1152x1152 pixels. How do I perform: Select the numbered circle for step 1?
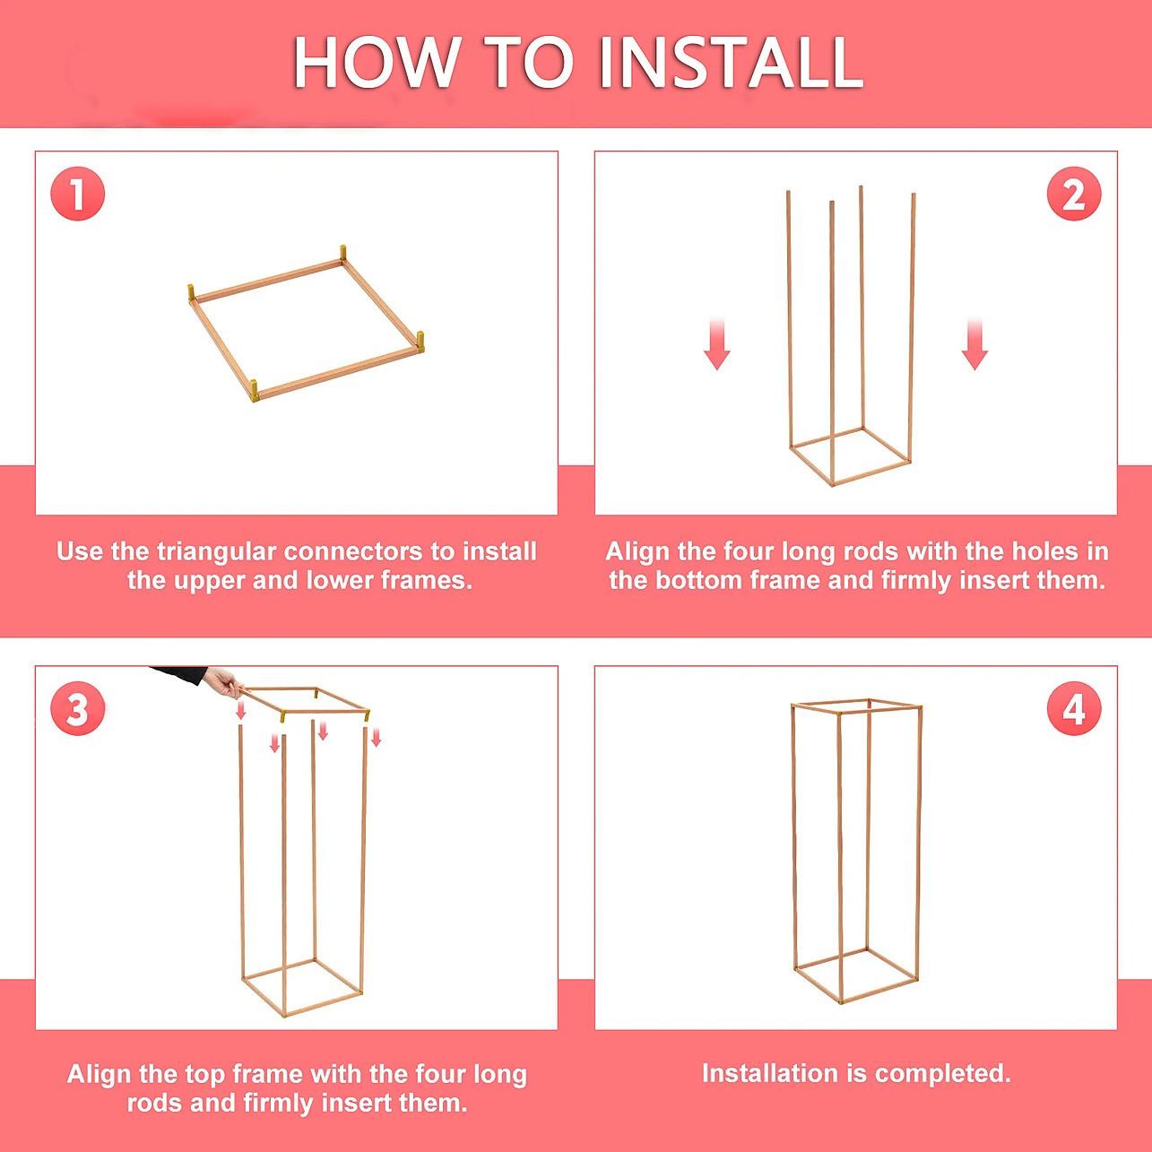[x=78, y=194]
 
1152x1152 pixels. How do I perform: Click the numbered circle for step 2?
[x=1074, y=194]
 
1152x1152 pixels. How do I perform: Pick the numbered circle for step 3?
[x=78, y=710]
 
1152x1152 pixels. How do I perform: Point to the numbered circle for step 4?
[x=1074, y=710]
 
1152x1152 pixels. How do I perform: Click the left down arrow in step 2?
[x=717, y=344]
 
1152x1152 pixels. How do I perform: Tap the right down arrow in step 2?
[x=974, y=344]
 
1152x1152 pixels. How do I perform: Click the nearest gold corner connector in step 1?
[x=254, y=391]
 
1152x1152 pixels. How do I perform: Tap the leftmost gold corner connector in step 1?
[x=192, y=294]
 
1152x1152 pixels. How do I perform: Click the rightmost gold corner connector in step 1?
[x=420, y=342]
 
